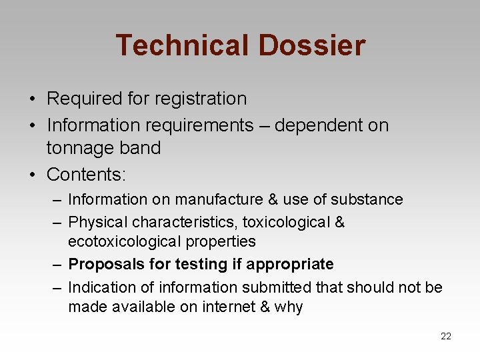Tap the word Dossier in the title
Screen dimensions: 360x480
tap(312, 45)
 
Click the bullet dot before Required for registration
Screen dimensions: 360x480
tap(32, 99)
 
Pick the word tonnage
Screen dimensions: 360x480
tap(79, 148)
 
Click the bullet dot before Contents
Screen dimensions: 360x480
tap(32, 175)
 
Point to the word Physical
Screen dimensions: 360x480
tap(98, 222)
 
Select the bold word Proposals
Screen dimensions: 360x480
tap(107, 264)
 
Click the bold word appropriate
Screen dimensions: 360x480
tap(290, 264)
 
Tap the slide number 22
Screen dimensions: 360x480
tap(446, 337)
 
